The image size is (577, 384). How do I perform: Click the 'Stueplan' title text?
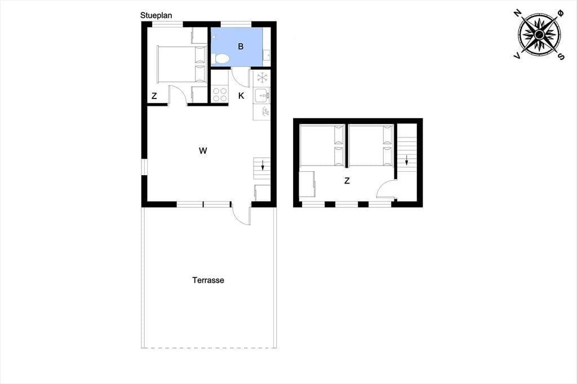[x=156, y=15]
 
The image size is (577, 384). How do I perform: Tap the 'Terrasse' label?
[x=208, y=280]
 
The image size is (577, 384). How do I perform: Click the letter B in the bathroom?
[x=241, y=47]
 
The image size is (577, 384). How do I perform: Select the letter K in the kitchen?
[x=241, y=96]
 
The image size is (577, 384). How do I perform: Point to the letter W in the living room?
[x=203, y=150]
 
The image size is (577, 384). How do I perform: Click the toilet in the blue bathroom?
[x=220, y=59]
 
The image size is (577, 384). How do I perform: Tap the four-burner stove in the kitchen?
[x=220, y=95]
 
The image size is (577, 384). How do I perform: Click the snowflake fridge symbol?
[x=262, y=78]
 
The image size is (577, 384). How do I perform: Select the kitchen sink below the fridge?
[x=261, y=95]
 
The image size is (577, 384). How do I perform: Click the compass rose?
[x=539, y=35]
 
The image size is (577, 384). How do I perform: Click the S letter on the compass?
[x=561, y=56]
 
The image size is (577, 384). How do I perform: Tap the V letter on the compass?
[x=517, y=56]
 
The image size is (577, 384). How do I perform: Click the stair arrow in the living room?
[x=263, y=165]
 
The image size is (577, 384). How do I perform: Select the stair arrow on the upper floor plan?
[x=407, y=160]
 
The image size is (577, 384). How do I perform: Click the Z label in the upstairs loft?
[x=347, y=181]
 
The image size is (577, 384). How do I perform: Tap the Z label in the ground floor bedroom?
[x=154, y=96]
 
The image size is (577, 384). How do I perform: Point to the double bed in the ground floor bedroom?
[x=181, y=64]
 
